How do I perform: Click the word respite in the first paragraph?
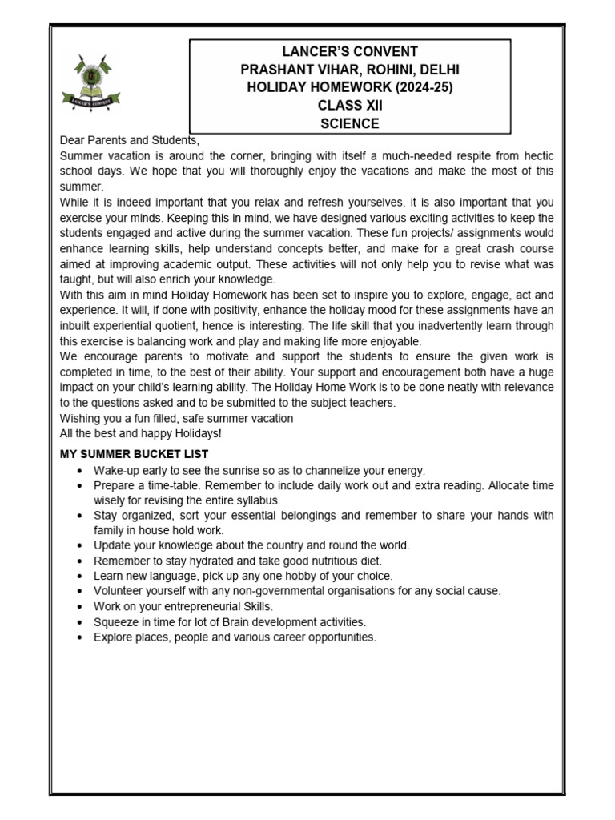coord(451,155)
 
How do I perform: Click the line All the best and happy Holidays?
coord(141,433)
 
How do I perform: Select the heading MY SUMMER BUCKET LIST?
coord(134,455)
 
